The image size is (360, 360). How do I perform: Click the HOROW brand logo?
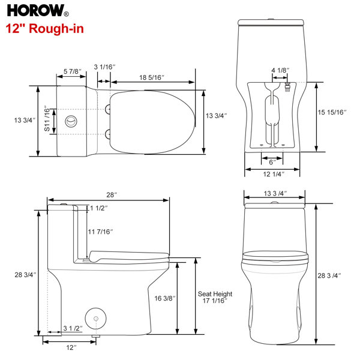coord(38,11)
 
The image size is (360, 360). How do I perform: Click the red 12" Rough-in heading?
coord(44,29)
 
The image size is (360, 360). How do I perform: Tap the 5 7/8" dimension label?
coord(73,71)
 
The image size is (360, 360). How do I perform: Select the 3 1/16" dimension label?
coord(104,67)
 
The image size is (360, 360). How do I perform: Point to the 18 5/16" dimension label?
coord(152,77)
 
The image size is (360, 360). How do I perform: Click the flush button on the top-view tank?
coord(71,121)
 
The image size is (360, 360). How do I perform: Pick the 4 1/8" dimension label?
coord(280,70)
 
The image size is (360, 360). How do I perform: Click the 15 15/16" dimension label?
coord(332,112)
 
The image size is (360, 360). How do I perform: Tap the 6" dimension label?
coord(272,162)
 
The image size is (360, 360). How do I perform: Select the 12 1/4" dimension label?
coord(274,174)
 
